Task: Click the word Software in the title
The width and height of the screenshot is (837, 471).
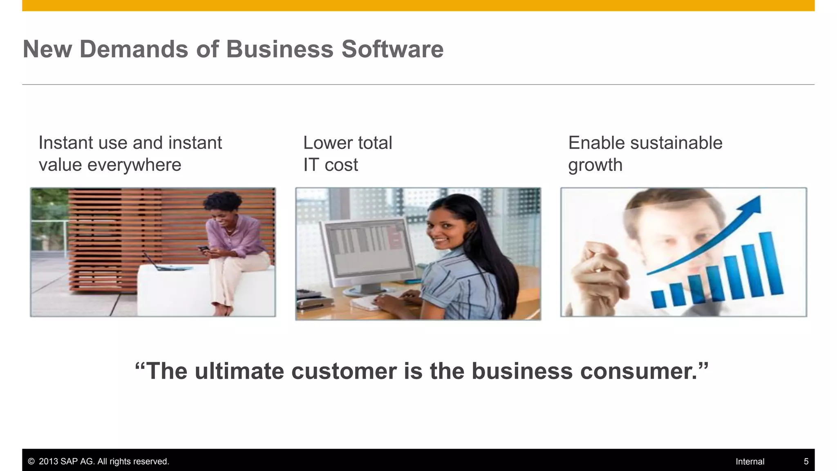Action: tap(392, 49)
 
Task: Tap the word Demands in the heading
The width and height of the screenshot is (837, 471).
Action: tap(134, 49)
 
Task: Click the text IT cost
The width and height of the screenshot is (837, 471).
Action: tap(330, 165)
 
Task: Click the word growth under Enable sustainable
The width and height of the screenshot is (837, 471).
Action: tap(595, 165)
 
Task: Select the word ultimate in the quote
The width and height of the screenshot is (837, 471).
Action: tap(239, 371)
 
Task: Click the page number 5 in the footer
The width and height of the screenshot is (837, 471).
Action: tap(806, 462)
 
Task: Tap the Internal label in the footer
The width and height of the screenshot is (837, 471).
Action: tap(750, 462)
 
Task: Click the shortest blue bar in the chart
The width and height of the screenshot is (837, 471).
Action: tap(658, 299)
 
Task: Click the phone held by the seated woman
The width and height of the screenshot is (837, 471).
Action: tap(203, 248)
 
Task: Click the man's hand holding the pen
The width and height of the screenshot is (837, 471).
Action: tap(598, 278)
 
